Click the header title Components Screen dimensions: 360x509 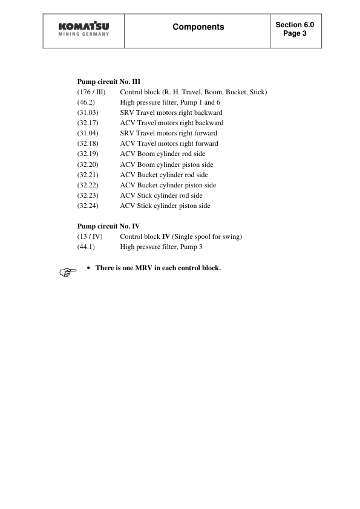tap(198, 27)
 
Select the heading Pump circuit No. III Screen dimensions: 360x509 tap(109, 81)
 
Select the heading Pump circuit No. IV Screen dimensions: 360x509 tap(109, 227)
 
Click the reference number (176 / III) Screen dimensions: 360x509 tap(91, 92)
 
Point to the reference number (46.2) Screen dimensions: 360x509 tap(87, 102)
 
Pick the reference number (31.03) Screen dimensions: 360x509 tap(89, 112)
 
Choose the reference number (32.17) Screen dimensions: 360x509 tap(89, 123)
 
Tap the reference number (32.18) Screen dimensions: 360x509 tap(89, 143)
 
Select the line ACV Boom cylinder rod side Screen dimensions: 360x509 tap(162, 154)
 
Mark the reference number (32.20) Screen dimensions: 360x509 tap(89, 164)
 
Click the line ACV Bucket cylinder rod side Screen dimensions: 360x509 tap(163, 175)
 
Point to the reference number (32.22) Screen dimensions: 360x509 tap(89, 185)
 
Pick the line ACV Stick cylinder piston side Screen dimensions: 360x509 tap(165, 206)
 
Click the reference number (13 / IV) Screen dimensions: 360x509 tap(90, 237)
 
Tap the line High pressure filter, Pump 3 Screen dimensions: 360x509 tap(160, 247)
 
